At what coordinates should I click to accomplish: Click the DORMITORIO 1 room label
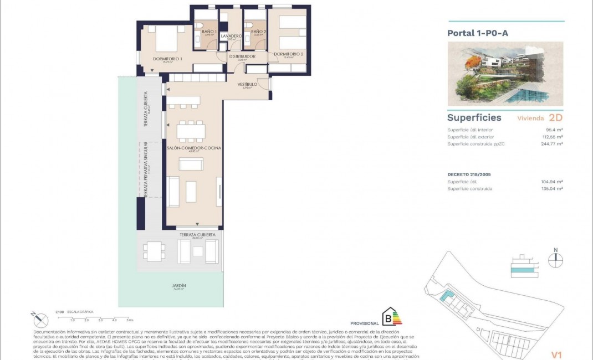[x=168, y=59]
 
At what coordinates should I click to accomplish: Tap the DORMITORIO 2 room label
[x=288, y=54]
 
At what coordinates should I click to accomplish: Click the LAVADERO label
[x=232, y=36]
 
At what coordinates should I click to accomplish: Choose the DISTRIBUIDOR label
[x=242, y=56]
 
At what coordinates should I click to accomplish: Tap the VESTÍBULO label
[x=247, y=85]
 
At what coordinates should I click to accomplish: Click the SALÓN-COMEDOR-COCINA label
[x=194, y=148]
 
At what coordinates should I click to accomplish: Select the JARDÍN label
[x=178, y=286]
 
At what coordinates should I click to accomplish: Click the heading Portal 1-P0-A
[x=477, y=33]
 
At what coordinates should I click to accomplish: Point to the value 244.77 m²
[x=552, y=144]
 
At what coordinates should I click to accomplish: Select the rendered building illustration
[x=505, y=74]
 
